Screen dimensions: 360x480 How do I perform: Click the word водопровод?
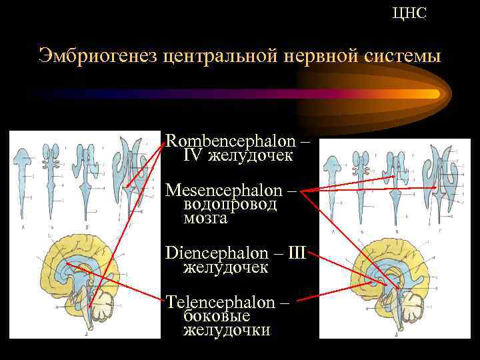(x=230, y=204)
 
